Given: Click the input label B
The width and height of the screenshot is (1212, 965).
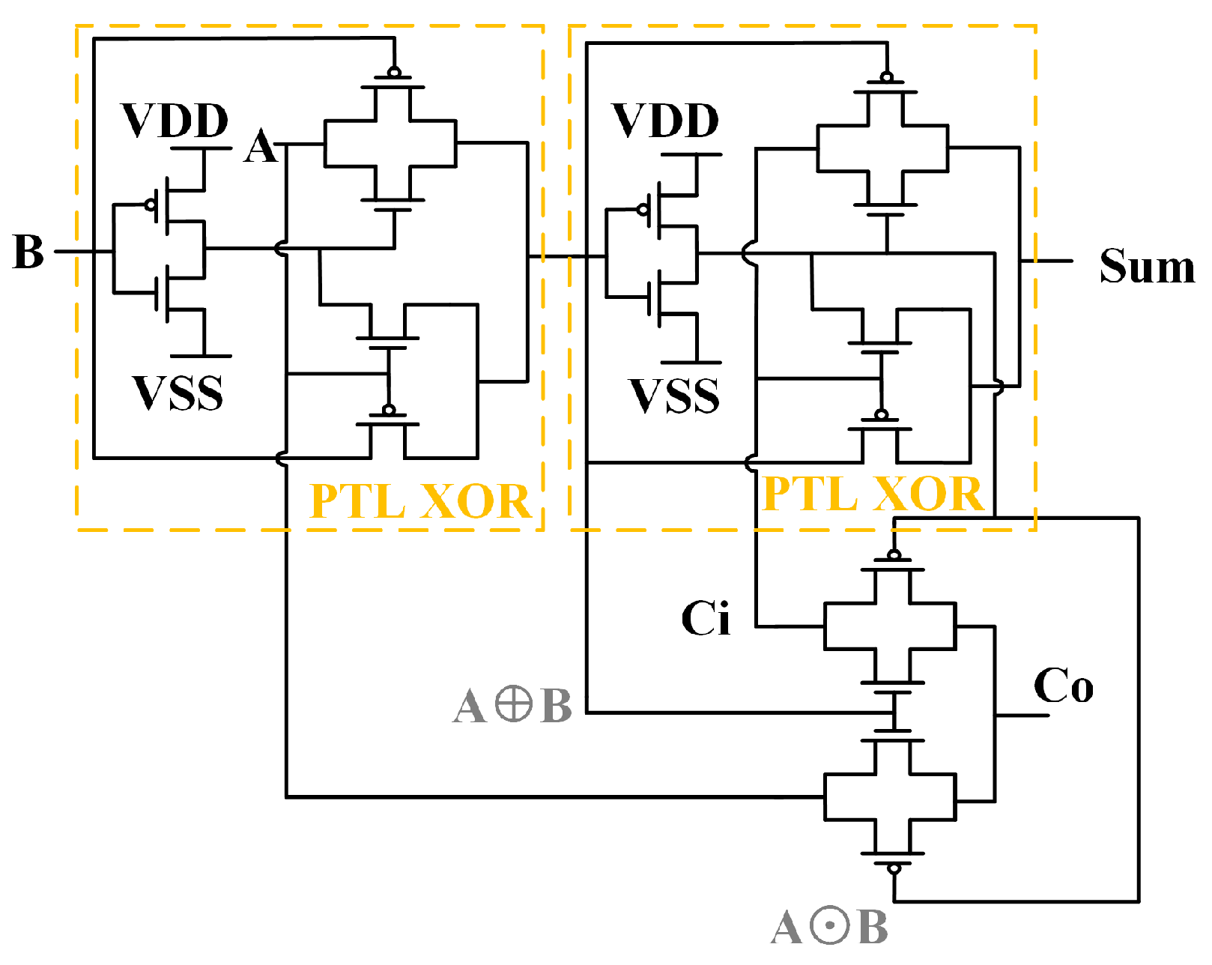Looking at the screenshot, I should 28,252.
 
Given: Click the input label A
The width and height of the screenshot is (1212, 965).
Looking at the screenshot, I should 260,146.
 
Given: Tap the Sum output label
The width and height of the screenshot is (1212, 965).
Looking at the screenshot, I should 1145,266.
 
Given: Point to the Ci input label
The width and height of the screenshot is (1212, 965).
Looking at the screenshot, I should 705,619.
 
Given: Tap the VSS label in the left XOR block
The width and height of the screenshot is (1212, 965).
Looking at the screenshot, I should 178,393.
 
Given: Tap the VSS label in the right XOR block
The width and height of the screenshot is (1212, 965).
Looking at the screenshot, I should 673,396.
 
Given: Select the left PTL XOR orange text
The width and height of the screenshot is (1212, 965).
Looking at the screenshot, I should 419,500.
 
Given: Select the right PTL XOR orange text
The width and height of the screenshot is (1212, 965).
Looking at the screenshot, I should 872,494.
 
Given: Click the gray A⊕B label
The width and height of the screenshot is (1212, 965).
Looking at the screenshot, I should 512,706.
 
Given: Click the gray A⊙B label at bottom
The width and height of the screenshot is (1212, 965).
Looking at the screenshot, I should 828,928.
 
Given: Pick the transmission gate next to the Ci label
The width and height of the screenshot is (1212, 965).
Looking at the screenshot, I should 890,626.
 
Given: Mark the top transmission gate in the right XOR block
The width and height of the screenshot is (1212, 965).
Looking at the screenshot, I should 882,148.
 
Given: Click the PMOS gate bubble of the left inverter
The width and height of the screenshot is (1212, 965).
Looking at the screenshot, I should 151,204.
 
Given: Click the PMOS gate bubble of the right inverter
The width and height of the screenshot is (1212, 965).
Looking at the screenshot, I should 643,209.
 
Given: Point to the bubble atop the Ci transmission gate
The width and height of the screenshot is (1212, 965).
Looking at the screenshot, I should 894,555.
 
